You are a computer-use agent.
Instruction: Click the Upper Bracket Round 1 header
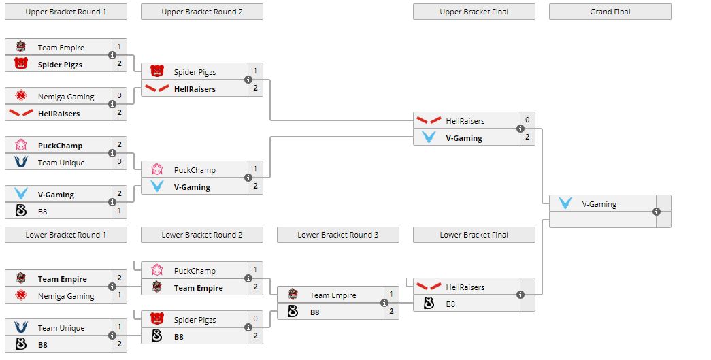tap(65, 12)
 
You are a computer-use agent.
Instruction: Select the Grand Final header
tap(610, 12)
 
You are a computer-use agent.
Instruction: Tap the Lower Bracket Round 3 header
tap(337, 235)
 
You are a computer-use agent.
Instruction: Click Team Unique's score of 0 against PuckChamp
tap(119, 163)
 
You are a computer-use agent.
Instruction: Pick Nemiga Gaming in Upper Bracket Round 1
tap(66, 97)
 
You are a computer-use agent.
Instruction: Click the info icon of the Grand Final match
tap(657, 212)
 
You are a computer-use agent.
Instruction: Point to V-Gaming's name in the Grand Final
tap(599, 203)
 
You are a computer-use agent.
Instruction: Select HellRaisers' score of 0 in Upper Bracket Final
tap(527, 120)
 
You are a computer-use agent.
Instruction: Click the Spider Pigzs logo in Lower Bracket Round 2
tap(157, 319)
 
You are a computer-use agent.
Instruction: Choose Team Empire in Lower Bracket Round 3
tap(333, 295)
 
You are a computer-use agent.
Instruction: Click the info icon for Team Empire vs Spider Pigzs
tap(112, 56)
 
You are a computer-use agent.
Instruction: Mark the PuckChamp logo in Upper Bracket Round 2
tap(157, 170)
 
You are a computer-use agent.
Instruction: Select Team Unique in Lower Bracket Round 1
tap(61, 328)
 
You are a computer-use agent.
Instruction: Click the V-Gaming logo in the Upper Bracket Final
tap(429, 137)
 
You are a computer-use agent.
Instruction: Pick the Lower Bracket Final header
tap(474, 235)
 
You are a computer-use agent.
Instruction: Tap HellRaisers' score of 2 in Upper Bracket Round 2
tap(255, 88)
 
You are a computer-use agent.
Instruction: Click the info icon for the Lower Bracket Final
tap(520, 295)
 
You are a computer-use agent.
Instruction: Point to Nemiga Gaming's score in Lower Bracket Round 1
tap(119, 296)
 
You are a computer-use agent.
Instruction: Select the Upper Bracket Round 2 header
tap(201, 12)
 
